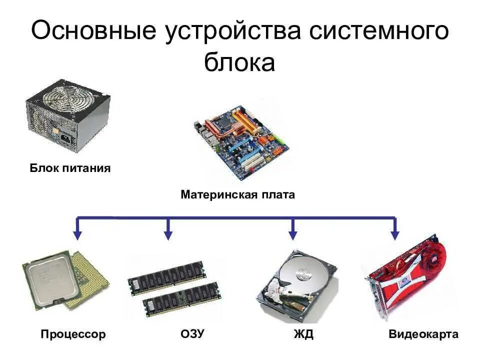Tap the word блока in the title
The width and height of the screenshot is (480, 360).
tap(239, 62)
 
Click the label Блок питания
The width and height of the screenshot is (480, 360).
tap(70, 168)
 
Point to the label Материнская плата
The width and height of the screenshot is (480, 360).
tap(238, 194)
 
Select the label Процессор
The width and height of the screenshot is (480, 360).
tap(73, 334)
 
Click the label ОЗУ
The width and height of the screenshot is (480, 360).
tap(191, 334)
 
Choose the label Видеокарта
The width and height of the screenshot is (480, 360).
tap(423, 334)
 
